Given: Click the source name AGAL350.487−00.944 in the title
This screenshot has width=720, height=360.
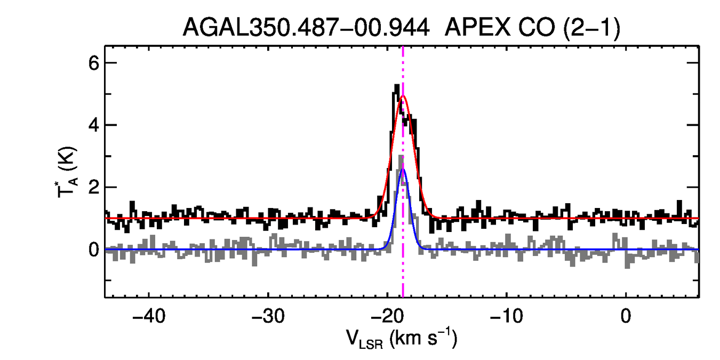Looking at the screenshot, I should tap(306, 27).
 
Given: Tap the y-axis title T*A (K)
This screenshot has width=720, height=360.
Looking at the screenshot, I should tap(68, 173).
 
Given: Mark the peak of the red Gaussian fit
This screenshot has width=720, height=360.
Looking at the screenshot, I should tap(403, 96).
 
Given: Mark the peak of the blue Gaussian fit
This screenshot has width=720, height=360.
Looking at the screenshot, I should tap(403, 169).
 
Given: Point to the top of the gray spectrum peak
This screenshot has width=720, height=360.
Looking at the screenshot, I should tap(401, 156).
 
